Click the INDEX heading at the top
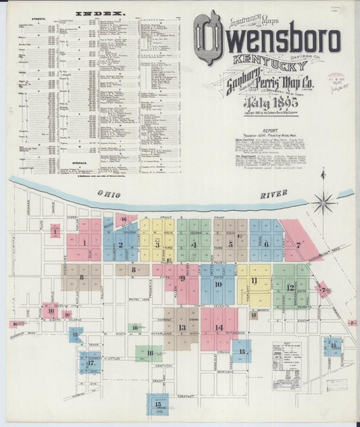[101, 13]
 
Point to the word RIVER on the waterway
[274, 195]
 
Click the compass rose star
[324, 201]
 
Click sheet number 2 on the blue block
[120, 245]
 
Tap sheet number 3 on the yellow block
[157, 245]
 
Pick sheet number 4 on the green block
[195, 245]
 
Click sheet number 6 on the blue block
[265, 244]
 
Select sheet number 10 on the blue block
[217, 284]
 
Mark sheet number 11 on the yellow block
[254, 280]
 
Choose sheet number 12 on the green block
[290, 287]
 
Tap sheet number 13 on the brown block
[182, 328]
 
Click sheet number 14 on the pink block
[219, 328]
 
